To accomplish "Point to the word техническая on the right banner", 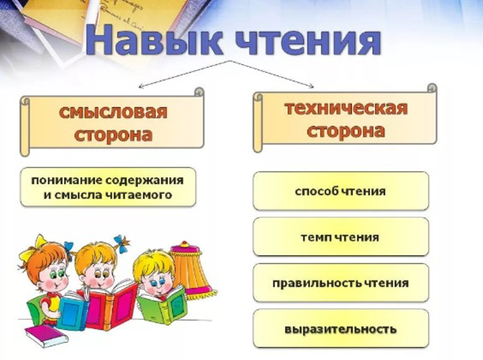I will (x=346, y=109).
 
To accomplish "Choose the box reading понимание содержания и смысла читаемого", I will (x=107, y=187).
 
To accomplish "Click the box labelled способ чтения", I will (x=340, y=192).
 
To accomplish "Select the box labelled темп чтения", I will (x=340, y=237).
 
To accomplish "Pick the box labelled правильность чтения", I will (x=340, y=283).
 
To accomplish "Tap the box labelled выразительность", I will (x=340, y=329).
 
